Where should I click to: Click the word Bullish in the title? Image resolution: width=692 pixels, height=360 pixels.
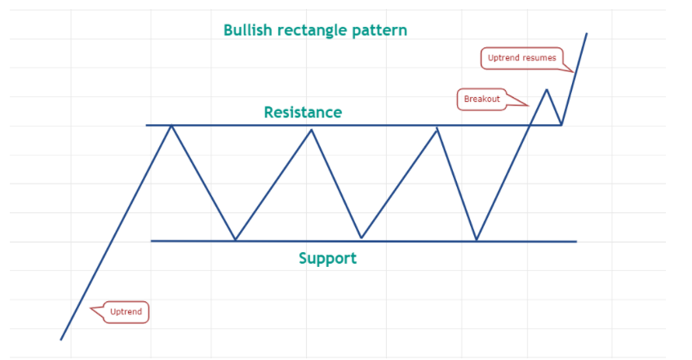[x=247, y=30]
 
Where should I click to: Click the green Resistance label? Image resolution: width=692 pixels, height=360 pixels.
[x=303, y=112]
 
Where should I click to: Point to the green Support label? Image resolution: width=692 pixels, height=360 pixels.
[x=327, y=259]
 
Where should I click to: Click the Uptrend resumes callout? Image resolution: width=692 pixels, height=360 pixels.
[x=522, y=58]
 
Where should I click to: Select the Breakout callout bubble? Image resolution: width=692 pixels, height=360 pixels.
[x=481, y=99]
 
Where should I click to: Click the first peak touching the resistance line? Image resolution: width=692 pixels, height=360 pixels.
[x=171, y=126]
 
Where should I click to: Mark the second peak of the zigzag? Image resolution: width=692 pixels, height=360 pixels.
[x=312, y=130]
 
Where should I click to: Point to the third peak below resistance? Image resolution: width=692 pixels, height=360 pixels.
[x=437, y=128]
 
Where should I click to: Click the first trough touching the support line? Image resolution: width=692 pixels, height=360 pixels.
[x=235, y=240]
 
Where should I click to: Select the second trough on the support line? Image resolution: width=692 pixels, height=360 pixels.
[x=362, y=238]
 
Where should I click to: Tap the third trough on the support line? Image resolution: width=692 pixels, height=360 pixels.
[x=477, y=240]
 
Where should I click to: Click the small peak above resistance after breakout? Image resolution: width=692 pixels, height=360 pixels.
[x=547, y=90]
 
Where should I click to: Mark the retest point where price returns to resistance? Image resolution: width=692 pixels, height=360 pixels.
[x=561, y=125]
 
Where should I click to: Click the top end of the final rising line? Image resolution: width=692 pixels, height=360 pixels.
[x=587, y=33]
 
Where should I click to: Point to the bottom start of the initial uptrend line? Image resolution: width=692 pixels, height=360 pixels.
[x=61, y=340]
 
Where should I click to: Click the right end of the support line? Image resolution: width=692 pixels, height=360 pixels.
[x=576, y=242]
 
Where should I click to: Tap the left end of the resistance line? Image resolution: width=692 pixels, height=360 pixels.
[x=147, y=125]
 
